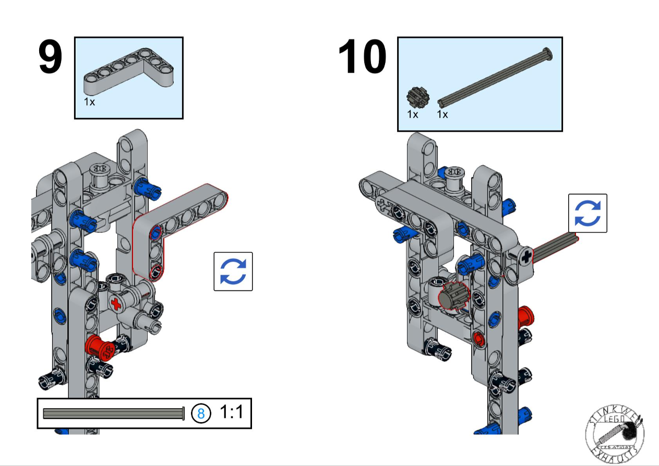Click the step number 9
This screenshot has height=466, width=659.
(51, 58)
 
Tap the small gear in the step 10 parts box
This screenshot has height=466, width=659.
(415, 96)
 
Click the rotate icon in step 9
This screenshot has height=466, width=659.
(233, 271)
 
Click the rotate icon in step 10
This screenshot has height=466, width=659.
(588, 213)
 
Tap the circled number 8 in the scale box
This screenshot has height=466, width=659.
(201, 413)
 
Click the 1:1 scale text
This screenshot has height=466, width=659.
(231, 412)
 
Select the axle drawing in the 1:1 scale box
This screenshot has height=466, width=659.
(114, 413)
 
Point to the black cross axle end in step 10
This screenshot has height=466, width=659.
(526, 255)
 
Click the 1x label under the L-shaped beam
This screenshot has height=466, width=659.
(90, 102)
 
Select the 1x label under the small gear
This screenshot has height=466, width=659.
(413, 114)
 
